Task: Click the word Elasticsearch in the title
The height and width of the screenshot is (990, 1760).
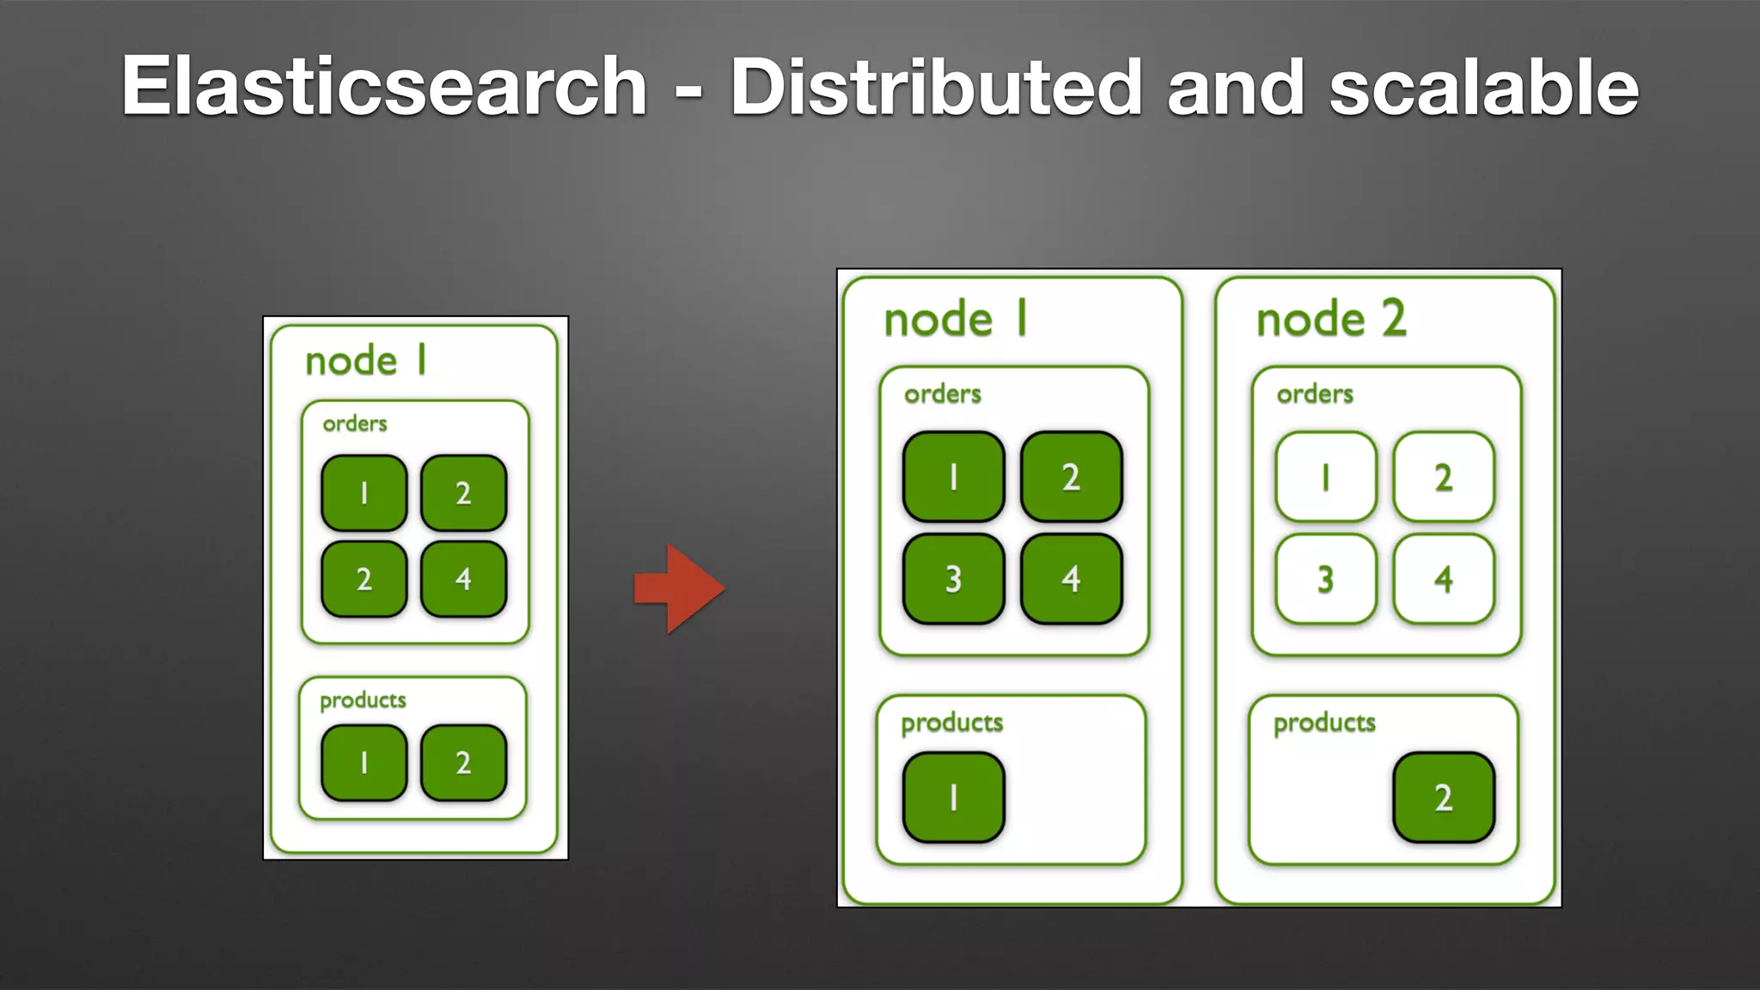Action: coord(383,86)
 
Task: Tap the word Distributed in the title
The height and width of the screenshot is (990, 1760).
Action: coord(936,86)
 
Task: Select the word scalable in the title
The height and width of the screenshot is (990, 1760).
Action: coord(1484,86)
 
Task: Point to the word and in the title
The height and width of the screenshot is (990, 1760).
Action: coord(1236,88)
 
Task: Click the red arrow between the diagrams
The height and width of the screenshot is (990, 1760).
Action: coord(680,589)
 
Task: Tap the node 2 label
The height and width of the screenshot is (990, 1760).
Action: coord(1331,319)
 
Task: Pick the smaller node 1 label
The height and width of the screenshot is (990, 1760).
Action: coord(365,360)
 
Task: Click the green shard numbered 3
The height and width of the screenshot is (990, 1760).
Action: coord(953,578)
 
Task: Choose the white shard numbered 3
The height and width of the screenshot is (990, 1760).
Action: coord(1326,578)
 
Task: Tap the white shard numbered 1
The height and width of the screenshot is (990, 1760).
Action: coord(1326,477)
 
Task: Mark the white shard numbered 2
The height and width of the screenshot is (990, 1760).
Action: coord(1444,477)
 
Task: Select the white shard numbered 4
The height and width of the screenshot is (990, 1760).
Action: coord(1444,578)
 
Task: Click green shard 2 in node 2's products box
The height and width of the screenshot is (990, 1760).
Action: coord(1444,797)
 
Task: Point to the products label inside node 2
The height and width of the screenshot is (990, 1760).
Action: coord(1324,723)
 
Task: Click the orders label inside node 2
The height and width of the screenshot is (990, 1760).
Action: coord(1315,394)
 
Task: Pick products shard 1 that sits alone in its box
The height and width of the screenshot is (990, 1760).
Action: coord(953,797)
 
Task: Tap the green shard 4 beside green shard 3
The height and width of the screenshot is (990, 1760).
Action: coord(1071,578)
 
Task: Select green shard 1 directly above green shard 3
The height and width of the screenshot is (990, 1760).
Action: coord(953,477)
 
